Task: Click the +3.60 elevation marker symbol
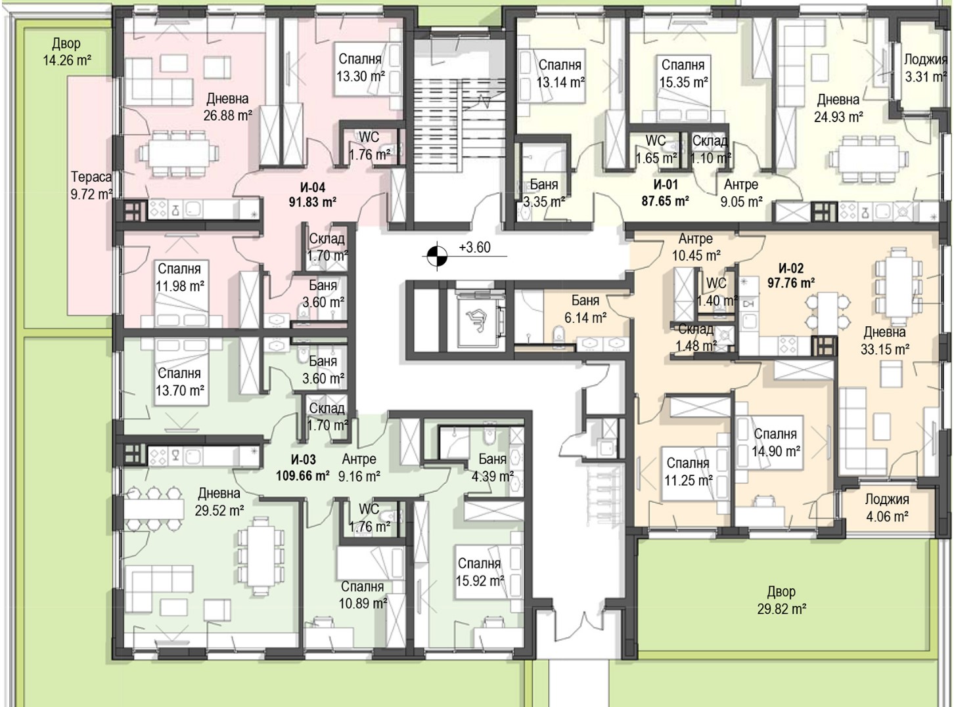436,256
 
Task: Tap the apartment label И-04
313,187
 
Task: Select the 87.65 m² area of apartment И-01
666,201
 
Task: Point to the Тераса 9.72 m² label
91,185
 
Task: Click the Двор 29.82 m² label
781,600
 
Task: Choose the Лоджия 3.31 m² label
926,68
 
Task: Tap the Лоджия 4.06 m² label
887,507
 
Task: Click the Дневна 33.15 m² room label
885,341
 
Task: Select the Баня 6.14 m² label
585,309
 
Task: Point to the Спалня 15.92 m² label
480,572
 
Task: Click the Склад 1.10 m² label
710,149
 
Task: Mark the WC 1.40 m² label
717,292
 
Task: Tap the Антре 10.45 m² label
696,247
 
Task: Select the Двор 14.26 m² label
66,52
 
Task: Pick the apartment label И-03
304,460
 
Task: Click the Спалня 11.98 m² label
179,277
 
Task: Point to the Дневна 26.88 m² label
227,107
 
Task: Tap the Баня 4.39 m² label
493,467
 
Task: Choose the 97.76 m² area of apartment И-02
791,283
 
